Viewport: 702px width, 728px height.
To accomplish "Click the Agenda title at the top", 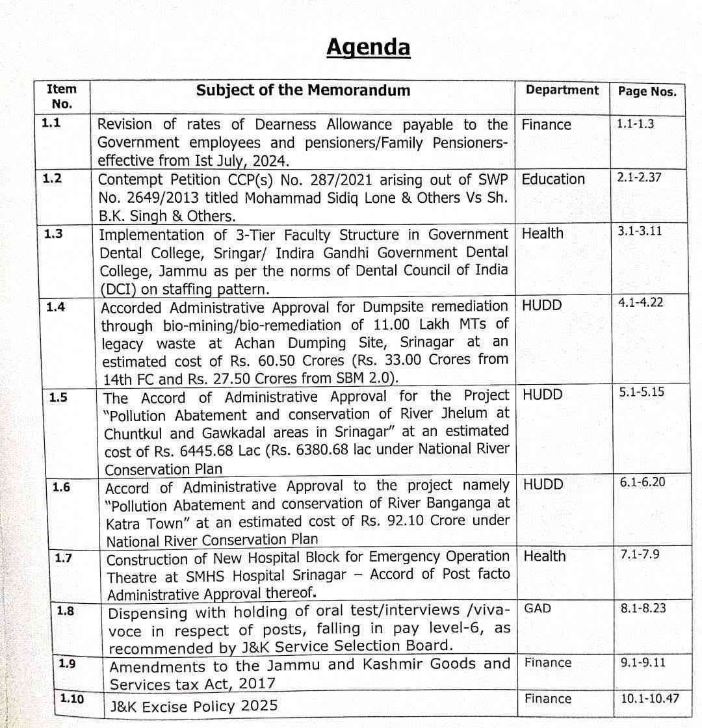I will coord(368,47).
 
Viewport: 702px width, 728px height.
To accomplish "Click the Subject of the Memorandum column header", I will coord(303,90).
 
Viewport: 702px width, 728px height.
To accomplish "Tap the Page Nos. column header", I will coord(647,92).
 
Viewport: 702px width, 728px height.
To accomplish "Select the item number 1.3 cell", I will coord(53,234).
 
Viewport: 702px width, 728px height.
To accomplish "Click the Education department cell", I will coord(553,179).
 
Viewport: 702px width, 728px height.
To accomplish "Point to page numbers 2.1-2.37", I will coord(639,177).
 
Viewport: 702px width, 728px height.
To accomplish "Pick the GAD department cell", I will coord(538,609).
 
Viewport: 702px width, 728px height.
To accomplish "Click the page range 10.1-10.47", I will coord(650,698).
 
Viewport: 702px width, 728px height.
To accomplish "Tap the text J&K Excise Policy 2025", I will coord(194,705).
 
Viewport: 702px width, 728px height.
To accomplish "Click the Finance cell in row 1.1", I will coord(546,124).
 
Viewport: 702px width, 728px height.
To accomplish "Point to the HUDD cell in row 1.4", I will coord(542,305).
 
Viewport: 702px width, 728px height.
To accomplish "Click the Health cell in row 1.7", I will coord(544,556).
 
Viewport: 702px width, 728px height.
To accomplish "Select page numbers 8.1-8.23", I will coord(643,608).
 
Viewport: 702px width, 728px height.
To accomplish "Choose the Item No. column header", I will coord(62,96).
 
